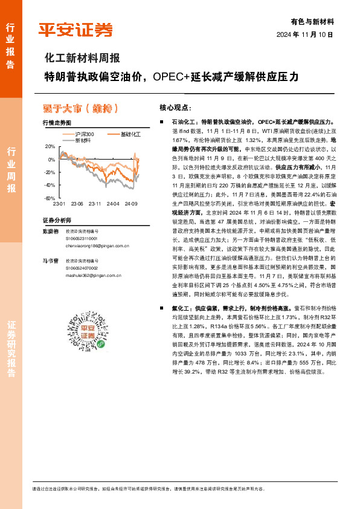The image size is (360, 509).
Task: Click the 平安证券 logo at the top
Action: [76, 30]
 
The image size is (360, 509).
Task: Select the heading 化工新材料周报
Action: [82, 59]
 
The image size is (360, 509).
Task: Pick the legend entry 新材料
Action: [82, 140]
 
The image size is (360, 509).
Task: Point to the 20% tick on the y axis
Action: [50, 147]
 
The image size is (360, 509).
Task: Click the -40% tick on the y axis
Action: [48, 185]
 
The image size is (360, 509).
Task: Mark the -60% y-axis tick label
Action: [48, 198]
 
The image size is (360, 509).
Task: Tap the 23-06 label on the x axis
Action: [77, 204]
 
